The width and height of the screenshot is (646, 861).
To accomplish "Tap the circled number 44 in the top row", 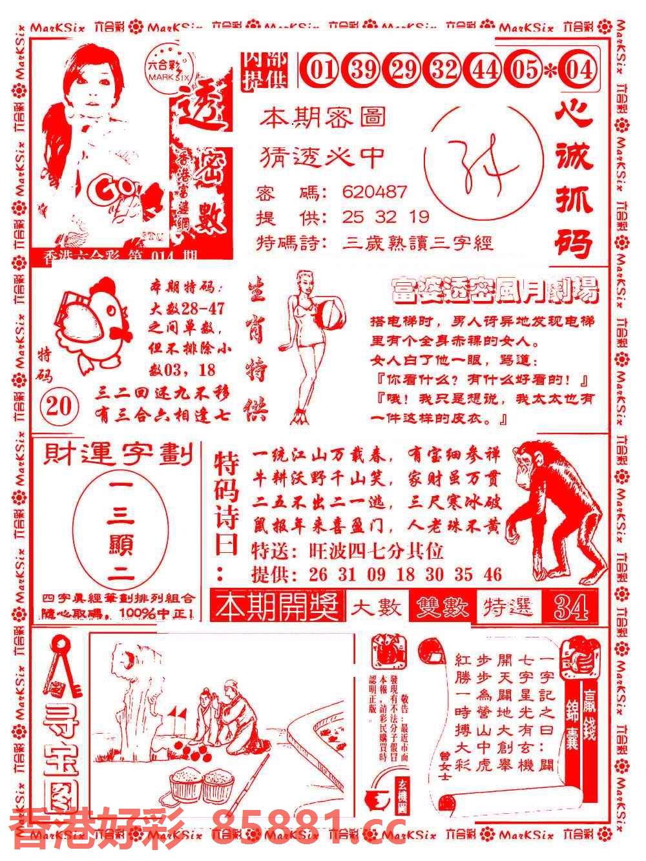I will point(484,69).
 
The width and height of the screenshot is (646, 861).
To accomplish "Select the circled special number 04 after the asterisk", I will point(579,69).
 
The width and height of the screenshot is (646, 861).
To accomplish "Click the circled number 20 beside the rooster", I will point(59,407).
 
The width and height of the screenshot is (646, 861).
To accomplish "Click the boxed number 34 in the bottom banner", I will point(570,607).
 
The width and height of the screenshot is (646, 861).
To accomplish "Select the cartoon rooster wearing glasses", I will point(87,323).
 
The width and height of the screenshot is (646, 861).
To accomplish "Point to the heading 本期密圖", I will point(323,118).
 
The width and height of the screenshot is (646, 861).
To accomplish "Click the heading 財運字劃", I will point(118,457).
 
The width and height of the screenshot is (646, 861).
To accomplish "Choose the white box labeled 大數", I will point(377,607).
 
